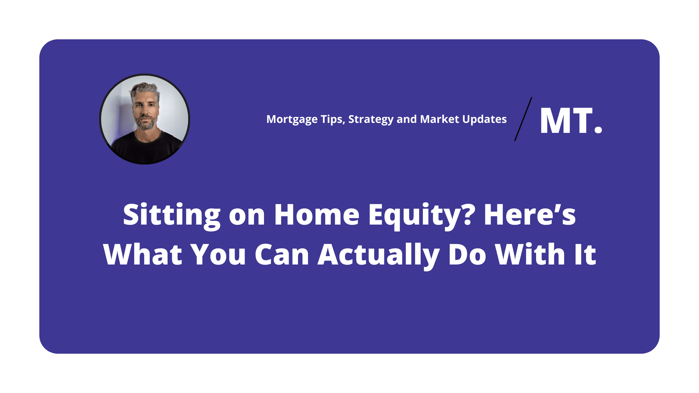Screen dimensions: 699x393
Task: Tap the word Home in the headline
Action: tap(317, 215)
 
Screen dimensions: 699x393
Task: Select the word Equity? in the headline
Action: tap(422, 216)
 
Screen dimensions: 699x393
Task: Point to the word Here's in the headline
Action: tap(530, 214)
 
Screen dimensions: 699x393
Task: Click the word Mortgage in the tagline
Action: tap(292, 119)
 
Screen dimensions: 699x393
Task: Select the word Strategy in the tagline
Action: tap(371, 119)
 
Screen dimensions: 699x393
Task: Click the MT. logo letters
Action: tap(571, 121)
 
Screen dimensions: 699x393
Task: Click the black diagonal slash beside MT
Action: tap(523, 119)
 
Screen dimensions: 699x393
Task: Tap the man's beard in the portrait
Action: tap(145, 123)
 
